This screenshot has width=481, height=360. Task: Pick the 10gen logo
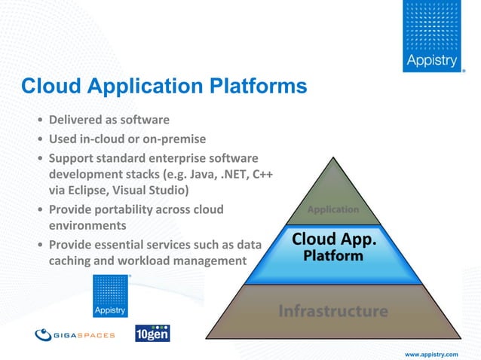[152, 332]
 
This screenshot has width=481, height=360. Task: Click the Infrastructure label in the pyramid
[333, 310]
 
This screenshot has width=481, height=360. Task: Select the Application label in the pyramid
[332, 209]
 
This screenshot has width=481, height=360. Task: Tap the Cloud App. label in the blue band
[334, 239]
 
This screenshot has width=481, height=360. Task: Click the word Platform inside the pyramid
[333, 256]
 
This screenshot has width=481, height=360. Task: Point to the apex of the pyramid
[332, 159]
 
